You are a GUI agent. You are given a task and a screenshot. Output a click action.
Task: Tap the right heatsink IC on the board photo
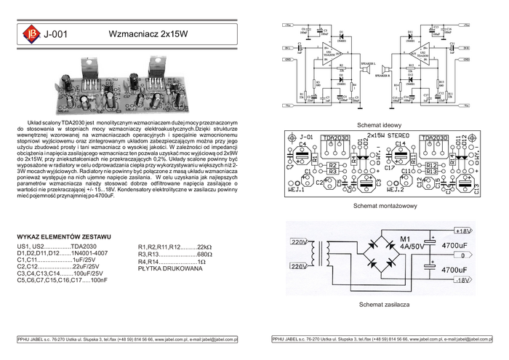point(159,69)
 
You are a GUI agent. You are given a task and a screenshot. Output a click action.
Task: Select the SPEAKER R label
point(385,75)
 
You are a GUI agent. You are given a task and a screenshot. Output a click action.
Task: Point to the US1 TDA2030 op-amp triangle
point(332,55)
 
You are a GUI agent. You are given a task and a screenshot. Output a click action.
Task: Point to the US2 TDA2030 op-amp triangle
point(417,55)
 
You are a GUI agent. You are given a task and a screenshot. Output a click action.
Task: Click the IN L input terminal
point(289,47)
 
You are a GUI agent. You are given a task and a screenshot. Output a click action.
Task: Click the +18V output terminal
point(464,231)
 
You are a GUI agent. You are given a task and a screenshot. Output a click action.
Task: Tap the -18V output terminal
point(464,280)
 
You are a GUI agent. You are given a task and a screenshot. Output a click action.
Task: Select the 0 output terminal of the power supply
point(462,255)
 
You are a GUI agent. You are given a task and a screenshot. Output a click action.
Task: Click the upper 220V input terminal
point(300,241)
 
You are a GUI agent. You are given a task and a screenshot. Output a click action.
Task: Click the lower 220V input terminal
point(300,267)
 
